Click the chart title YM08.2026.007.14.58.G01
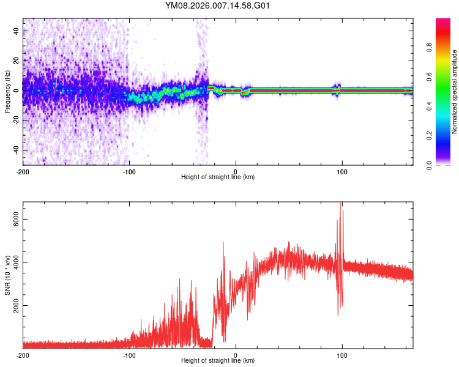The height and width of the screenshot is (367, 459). (x=218, y=6)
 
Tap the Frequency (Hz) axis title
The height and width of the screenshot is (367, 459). (x=7, y=92)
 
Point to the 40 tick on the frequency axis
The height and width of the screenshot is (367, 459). (x=18, y=30)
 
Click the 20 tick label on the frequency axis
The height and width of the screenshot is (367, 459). (x=18, y=60)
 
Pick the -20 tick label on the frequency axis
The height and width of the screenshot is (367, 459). (x=17, y=120)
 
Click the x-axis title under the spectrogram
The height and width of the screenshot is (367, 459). (x=218, y=177)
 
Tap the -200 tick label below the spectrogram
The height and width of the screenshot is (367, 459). (x=23, y=171)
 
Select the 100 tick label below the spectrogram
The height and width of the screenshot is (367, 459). (x=342, y=171)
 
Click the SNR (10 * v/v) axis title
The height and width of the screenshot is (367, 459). (x=7, y=275)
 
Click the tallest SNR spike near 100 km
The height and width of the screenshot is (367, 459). (x=340, y=204)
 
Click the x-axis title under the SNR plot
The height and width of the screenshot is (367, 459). (x=218, y=361)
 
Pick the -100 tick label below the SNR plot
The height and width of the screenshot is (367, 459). (x=130, y=355)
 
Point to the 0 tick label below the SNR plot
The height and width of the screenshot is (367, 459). (x=236, y=355)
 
